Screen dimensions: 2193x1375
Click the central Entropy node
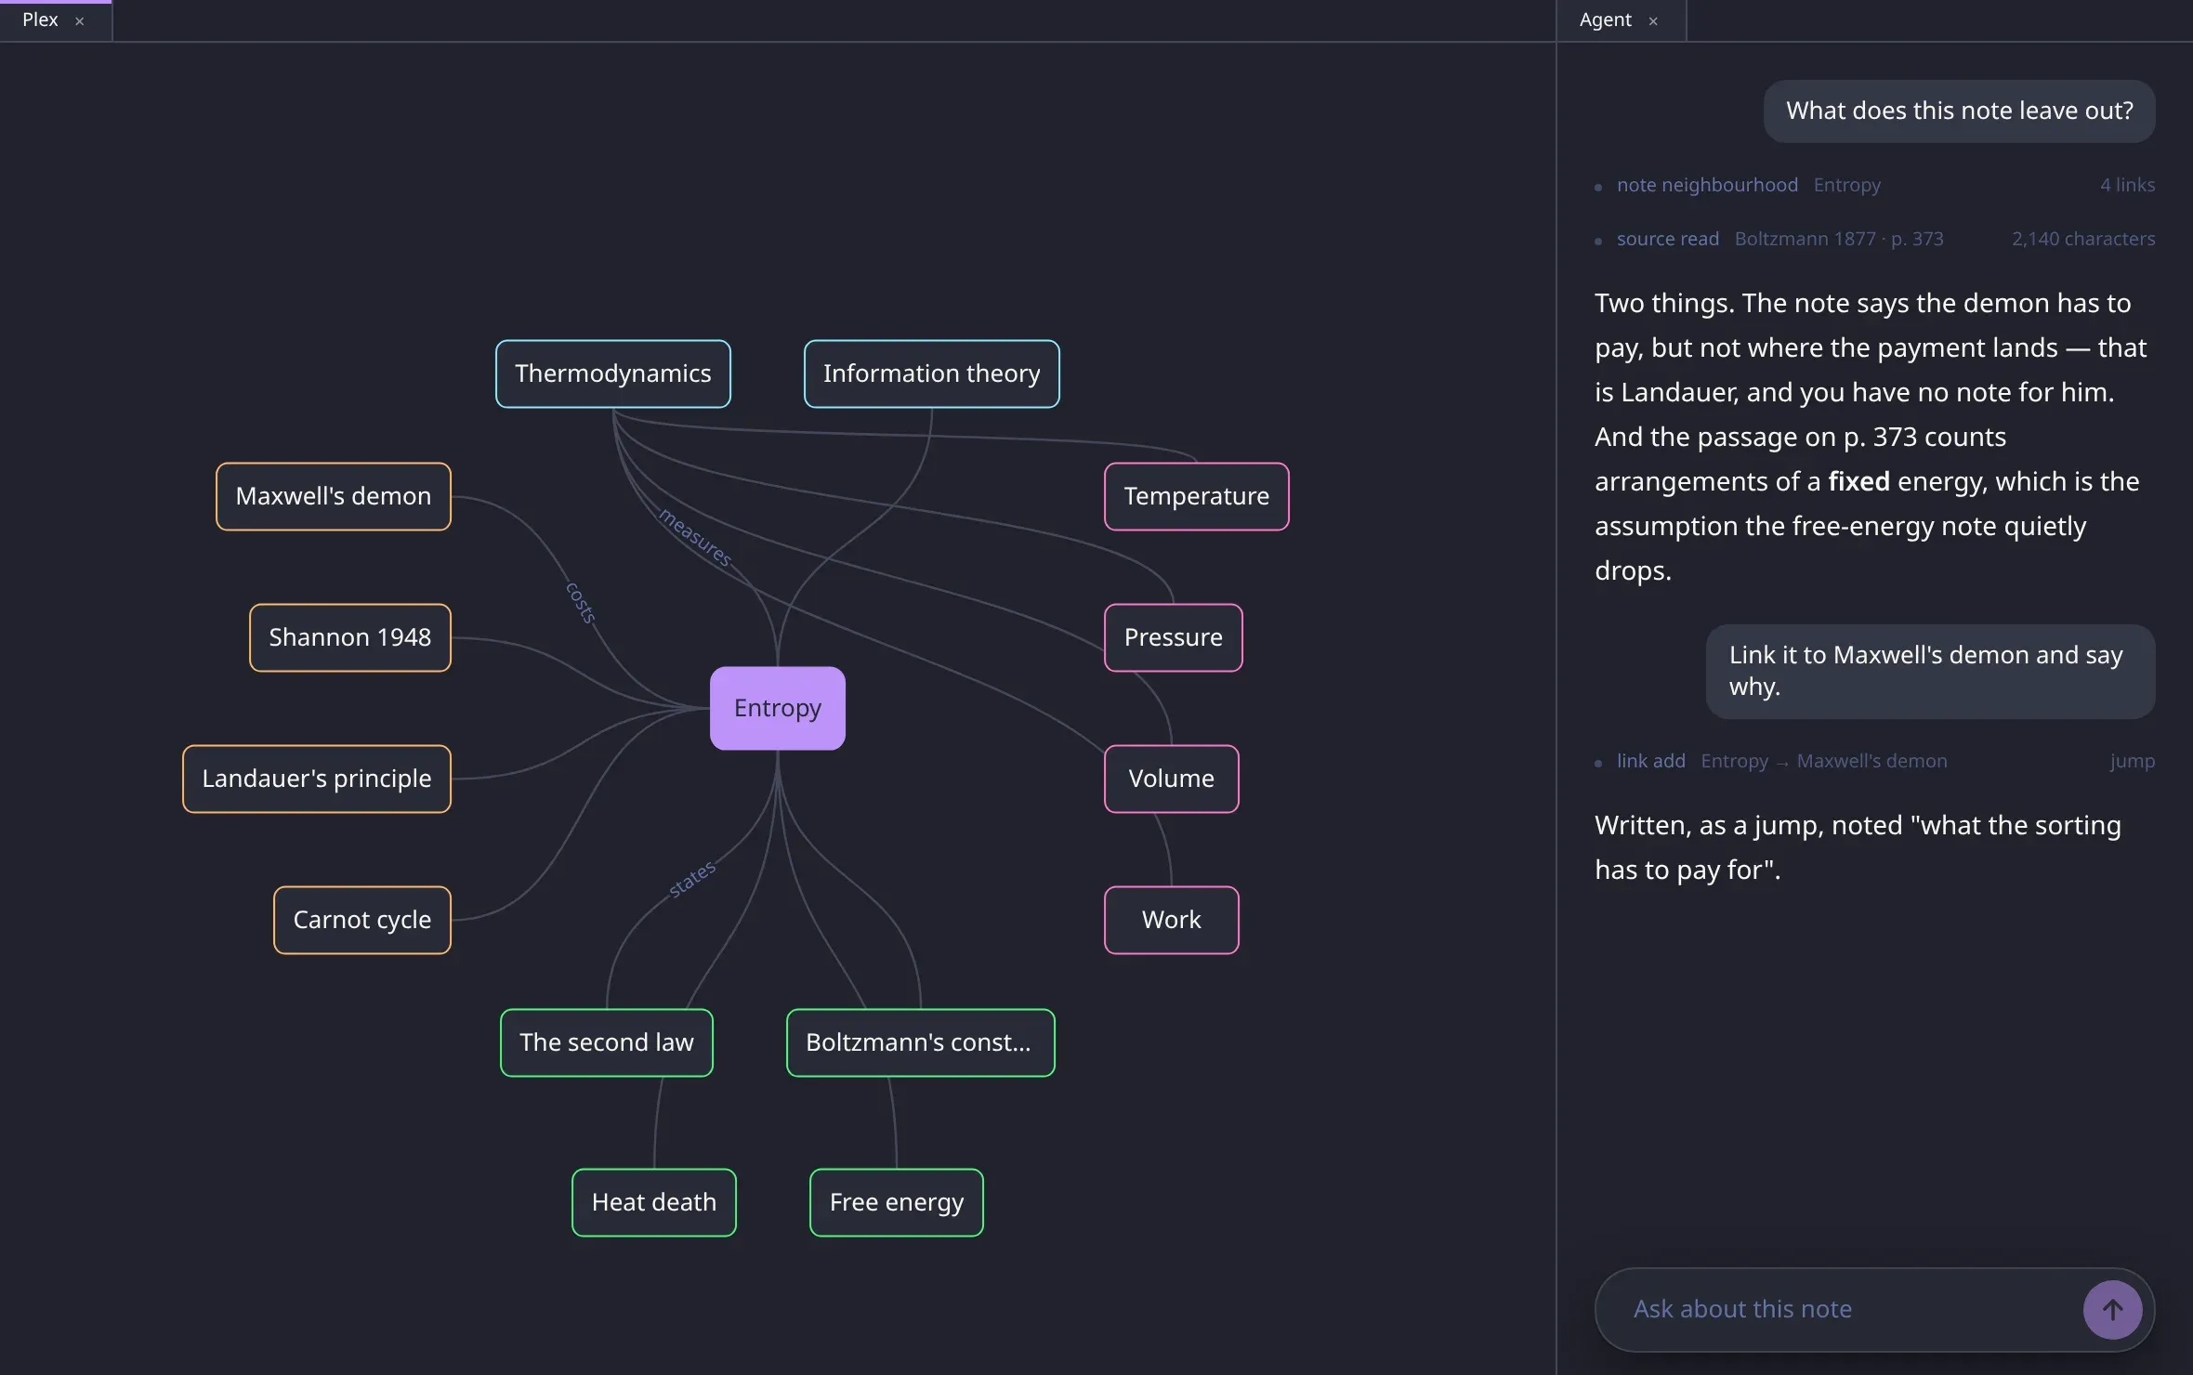778,708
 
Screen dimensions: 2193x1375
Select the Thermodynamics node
613,373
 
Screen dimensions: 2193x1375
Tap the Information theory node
931,373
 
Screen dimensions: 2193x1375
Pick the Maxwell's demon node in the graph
334,496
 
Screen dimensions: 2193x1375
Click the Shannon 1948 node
350,637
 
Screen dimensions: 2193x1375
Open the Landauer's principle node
317,779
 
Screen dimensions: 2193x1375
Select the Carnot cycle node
362,920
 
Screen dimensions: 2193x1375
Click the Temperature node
1197,496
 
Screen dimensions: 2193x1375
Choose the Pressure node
1174,637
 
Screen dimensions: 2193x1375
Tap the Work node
1172,920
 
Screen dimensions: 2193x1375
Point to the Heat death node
654,1202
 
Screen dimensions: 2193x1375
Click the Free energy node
897,1202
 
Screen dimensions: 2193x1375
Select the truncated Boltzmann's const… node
921,1042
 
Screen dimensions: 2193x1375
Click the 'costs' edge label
581,603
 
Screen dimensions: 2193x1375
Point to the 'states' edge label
692,879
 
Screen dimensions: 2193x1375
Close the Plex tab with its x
80,21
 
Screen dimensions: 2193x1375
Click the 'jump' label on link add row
2132,761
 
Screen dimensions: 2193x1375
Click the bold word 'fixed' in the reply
1858,481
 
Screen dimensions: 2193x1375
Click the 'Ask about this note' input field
1840,1309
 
